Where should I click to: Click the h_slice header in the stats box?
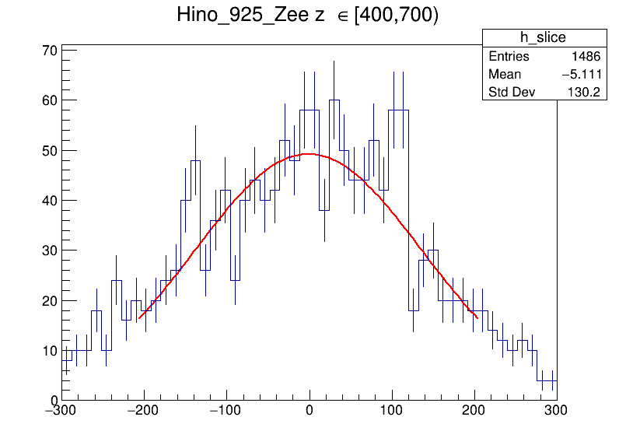coord(543,38)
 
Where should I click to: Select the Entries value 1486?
coord(585,57)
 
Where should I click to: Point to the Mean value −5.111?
coord(580,75)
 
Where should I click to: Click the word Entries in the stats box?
coord(509,57)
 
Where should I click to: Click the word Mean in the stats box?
coord(505,75)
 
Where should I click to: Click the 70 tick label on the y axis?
coord(49,51)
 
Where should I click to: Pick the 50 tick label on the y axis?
coord(49,150)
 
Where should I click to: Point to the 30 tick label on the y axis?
coord(49,251)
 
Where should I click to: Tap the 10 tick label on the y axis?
coord(49,350)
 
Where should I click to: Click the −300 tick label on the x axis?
coord(62,410)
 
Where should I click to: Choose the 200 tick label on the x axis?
coord(474,410)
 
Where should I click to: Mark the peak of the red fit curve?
coord(309,154)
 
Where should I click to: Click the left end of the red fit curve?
coord(139,318)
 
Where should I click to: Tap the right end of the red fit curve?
coord(477,317)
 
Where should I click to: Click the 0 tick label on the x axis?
coord(309,410)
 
